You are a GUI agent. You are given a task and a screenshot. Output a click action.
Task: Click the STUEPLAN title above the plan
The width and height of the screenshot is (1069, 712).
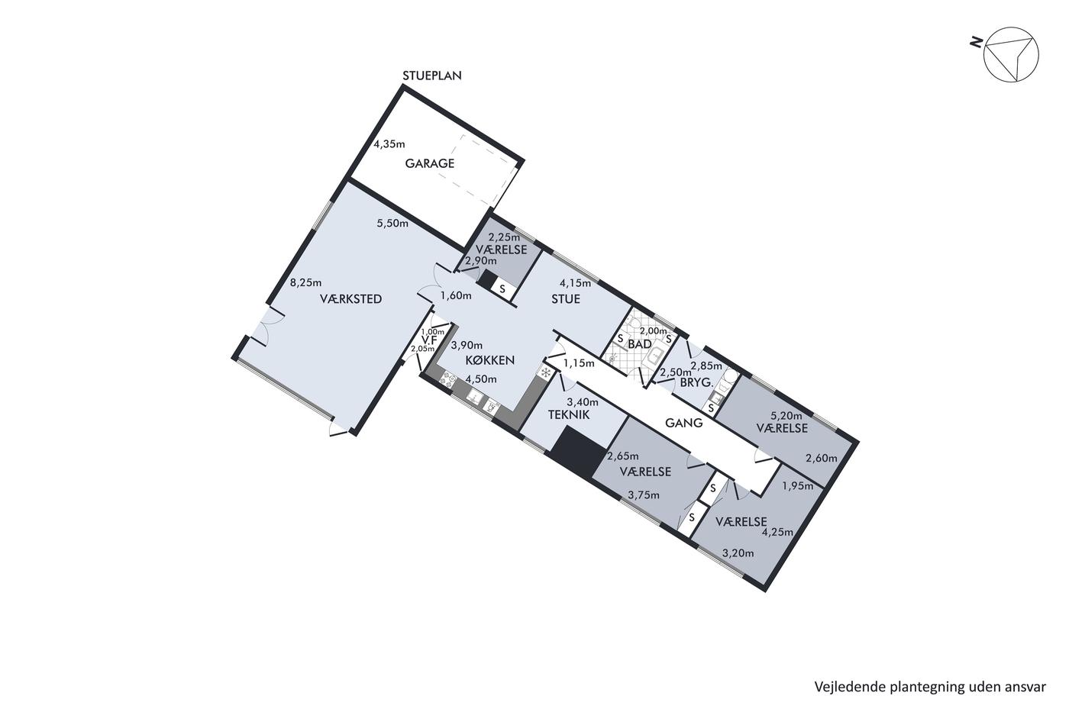tap(432, 76)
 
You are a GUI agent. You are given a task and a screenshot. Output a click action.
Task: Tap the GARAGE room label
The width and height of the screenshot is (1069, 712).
tap(429, 163)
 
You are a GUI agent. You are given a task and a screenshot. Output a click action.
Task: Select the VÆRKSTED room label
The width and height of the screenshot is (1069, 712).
tap(350, 299)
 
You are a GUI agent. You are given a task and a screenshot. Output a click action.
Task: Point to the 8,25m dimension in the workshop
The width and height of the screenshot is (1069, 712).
tap(306, 282)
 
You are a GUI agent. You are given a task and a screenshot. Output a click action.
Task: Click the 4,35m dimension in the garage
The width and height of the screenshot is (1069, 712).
tap(389, 144)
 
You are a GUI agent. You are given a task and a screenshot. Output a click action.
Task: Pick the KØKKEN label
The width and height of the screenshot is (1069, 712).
tap(489, 360)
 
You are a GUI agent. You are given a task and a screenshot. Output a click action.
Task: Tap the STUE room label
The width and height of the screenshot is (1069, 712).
tap(566, 299)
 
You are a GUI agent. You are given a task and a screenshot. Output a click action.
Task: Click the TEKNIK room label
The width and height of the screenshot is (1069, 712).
tap(568, 415)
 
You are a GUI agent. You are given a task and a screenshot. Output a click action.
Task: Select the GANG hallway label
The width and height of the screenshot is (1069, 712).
tap(684, 423)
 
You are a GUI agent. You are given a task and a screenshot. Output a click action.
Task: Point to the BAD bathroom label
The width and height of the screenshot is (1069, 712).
tap(640, 344)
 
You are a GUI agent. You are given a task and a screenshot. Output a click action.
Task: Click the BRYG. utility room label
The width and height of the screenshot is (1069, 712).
tap(696, 382)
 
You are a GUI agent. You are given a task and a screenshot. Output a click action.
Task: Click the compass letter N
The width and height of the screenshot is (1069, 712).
tap(976, 43)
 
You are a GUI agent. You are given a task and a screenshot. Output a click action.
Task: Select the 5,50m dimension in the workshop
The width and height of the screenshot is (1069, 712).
tap(392, 223)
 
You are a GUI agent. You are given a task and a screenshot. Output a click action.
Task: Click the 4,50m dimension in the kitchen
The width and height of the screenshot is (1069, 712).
tap(481, 379)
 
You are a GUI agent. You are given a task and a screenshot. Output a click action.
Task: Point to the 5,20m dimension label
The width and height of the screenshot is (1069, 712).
tap(786, 415)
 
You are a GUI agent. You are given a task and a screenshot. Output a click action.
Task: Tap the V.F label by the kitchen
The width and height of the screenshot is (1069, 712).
tap(430, 340)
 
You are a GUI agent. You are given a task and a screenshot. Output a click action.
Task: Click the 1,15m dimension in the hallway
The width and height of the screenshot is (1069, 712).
tap(579, 363)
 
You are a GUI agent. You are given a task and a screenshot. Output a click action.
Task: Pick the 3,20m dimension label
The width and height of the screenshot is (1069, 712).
tap(738, 553)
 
